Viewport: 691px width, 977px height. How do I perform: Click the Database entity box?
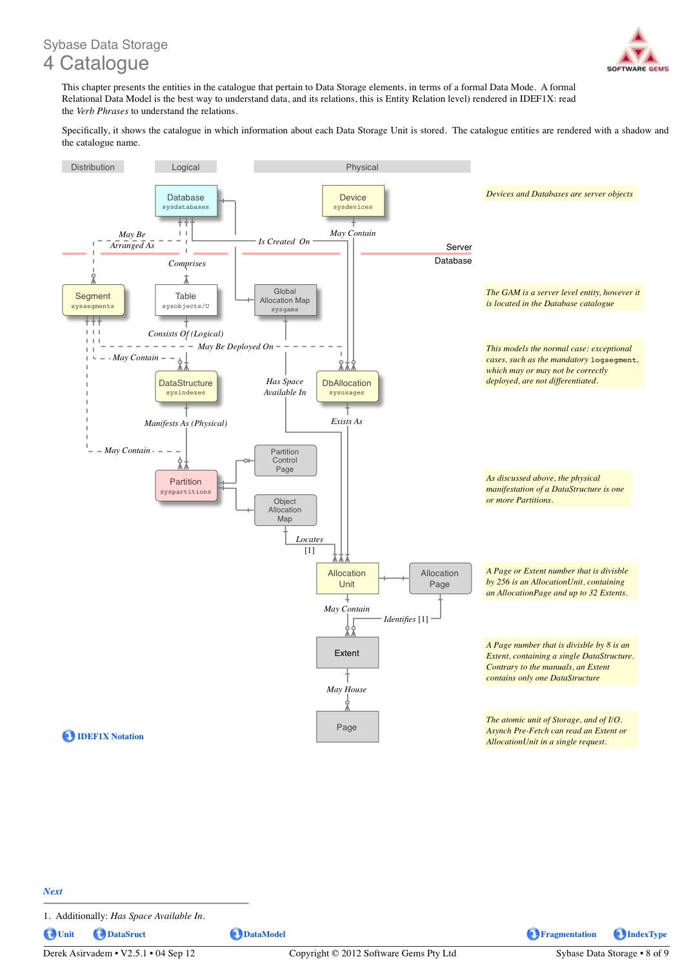[186, 200]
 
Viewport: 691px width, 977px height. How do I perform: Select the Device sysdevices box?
[353, 200]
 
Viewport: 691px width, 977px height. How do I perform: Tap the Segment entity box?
[93, 300]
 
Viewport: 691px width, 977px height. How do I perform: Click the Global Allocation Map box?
[285, 300]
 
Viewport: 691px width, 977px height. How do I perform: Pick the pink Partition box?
[186, 485]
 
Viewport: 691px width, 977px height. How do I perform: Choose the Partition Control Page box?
[285, 460]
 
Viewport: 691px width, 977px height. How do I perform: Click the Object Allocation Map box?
[285, 510]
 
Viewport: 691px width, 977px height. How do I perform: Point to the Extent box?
[347, 652]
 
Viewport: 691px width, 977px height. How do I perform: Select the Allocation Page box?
[440, 578]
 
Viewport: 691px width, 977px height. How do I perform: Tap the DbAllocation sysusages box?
[347, 387]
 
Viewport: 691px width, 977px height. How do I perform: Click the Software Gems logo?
[637, 49]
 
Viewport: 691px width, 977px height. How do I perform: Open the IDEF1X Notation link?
[103, 736]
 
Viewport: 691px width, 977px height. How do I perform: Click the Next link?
[53, 891]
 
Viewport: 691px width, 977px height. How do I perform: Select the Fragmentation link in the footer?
[561, 934]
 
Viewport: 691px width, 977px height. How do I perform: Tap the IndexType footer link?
[640, 934]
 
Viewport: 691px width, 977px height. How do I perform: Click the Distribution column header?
[93, 167]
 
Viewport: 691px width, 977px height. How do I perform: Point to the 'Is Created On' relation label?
[284, 241]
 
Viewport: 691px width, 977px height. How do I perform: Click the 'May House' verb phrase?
[346, 689]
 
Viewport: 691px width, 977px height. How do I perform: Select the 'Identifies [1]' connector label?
[406, 619]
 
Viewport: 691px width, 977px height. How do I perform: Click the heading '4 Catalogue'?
[96, 63]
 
